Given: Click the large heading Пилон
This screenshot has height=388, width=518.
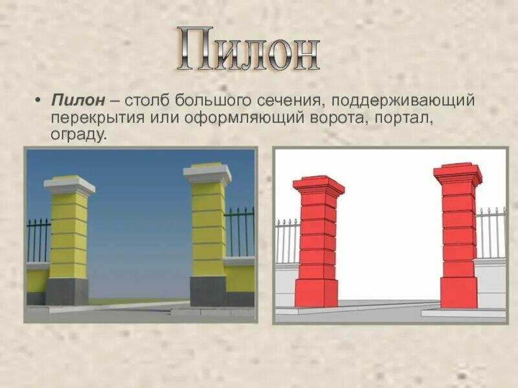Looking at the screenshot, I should point(249,50).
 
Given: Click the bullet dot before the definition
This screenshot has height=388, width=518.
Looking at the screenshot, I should point(38,102).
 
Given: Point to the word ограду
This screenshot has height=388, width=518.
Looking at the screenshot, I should point(77,136).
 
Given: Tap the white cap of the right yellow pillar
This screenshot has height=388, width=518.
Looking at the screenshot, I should point(207,173).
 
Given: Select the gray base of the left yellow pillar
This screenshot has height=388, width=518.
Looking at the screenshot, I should point(66,292).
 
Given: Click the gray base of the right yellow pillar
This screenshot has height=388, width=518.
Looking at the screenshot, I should point(208,291).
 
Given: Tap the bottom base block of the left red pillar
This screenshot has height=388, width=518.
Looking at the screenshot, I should point(317,293).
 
